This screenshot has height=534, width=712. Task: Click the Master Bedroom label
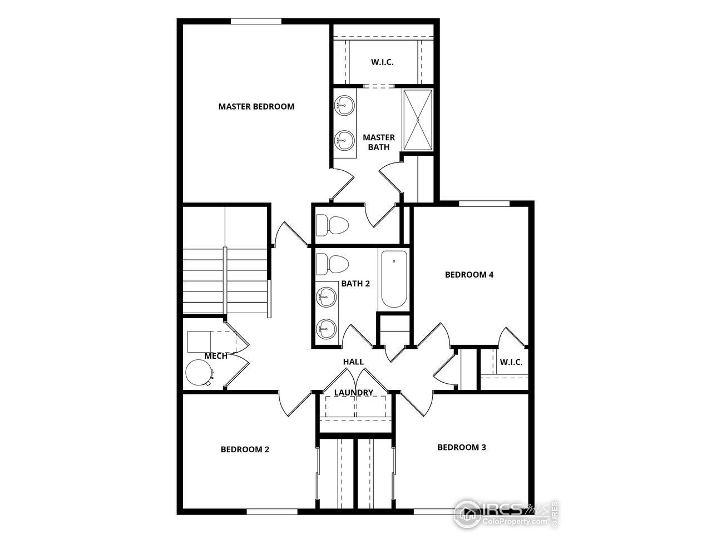tap(256, 106)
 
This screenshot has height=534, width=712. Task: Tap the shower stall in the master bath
tap(417, 119)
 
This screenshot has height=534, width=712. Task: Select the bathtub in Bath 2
tap(393, 280)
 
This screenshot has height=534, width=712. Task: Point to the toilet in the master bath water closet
tap(332, 225)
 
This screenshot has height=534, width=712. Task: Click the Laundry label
tap(353, 393)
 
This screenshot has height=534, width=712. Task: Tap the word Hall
tap(353, 362)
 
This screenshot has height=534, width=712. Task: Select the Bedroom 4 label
tap(469, 274)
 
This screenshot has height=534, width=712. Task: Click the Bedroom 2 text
tap(245, 449)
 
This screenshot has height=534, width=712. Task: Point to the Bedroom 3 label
tap(462, 447)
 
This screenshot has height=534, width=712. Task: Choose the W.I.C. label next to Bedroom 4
tap(511, 362)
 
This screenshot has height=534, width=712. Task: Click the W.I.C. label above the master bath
tap(382, 62)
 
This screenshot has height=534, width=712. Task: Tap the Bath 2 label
tap(355, 283)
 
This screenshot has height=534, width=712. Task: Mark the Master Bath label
tap(379, 142)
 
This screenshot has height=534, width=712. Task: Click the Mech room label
tap(216, 356)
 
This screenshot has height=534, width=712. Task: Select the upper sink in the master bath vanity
tap(345, 105)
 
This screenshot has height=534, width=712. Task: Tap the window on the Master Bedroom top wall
tap(256, 21)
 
